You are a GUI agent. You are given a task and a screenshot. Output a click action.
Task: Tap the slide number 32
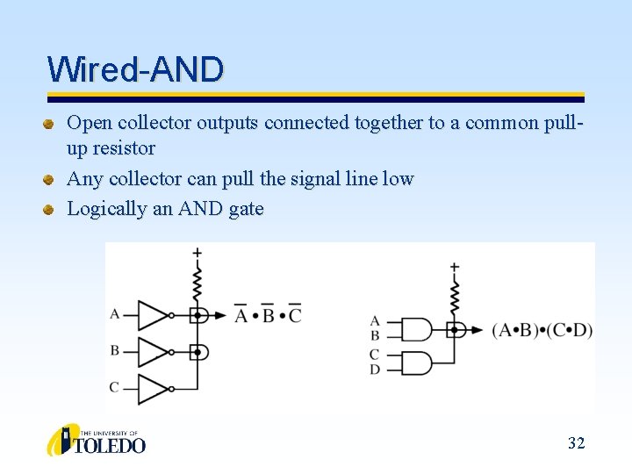576,443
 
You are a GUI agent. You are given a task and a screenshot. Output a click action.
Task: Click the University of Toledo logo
97,440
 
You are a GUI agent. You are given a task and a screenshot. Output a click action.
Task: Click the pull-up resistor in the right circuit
455,299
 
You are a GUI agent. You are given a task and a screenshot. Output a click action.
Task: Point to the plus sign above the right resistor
455,267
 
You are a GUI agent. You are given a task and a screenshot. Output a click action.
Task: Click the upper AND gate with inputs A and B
416,330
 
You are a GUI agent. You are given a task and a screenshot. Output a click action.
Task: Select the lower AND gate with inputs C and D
416,362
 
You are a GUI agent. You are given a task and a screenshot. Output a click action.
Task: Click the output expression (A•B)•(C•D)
542,331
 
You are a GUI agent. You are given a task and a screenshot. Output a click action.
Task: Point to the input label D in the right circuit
375,370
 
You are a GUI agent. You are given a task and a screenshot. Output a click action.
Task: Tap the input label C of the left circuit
114,387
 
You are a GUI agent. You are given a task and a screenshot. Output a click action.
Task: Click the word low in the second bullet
399,179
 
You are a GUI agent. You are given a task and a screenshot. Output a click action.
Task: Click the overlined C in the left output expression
295,314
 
